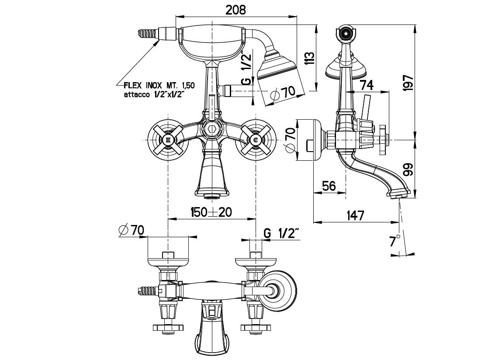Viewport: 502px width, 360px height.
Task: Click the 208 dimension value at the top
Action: click(x=236, y=10)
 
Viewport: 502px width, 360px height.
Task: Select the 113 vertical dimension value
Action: click(x=309, y=58)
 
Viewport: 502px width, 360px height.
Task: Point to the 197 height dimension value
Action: click(x=407, y=83)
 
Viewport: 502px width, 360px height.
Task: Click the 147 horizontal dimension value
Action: click(x=355, y=215)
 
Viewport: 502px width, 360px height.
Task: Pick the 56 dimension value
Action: click(x=329, y=186)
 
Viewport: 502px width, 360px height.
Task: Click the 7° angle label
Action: click(x=395, y=241)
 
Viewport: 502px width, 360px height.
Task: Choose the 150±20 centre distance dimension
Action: click(x=211, y=212)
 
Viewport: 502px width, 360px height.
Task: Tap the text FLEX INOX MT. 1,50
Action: click(x=159, y=86)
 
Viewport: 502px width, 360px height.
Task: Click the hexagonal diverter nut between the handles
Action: click(x=211, y=130)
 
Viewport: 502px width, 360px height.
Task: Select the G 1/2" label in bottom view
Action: click(x=282, y=233)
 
